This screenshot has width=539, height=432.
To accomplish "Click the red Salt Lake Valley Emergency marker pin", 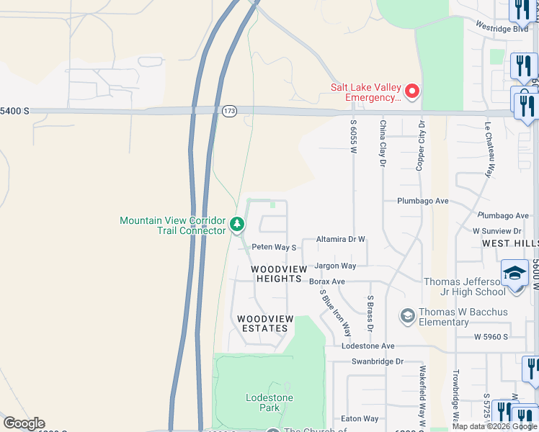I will [x=412, y=91].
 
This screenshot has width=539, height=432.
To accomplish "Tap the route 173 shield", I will [x=229, y=111].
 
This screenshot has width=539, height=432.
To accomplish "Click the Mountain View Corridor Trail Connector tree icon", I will [x=237, y=225].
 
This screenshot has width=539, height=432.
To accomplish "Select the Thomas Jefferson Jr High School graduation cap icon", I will [x=514, y=274].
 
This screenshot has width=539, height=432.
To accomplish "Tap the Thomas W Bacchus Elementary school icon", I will [x=407, y=316].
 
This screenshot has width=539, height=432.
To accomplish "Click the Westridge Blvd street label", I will [x=502, y=27].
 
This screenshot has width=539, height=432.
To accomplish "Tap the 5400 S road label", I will [x=14, y=111].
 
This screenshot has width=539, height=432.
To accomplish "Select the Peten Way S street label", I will [x=274, y=247].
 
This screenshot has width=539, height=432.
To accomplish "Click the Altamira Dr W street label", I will [x=341, y=239].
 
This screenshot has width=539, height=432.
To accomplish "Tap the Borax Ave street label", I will [x=327, y=282].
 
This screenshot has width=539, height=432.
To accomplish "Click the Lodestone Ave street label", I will [x=368, y=346].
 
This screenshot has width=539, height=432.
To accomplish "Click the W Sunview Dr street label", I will [x=496, y=231].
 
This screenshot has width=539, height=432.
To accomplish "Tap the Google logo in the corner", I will [x=24, y=423].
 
